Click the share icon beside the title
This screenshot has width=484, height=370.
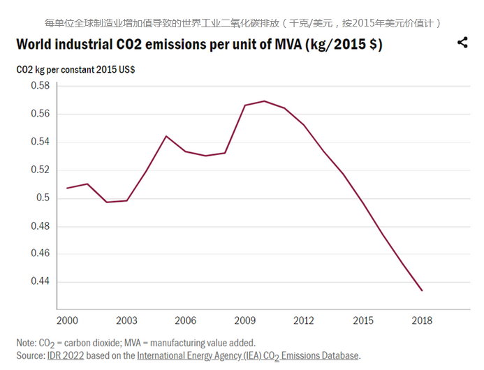pos(462,43)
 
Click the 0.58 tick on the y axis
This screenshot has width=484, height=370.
pos(40,85)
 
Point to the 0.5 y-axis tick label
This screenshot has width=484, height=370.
pos(43,198)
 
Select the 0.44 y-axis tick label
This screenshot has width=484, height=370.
pos(40,281)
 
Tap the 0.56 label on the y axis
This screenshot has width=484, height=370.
pos(40,113)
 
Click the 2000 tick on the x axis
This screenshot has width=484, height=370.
pos(67,320)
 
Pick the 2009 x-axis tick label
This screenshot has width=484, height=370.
pos(244,320)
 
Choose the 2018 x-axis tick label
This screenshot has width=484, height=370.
pos(422,320)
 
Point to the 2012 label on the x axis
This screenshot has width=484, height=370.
pos(303,320)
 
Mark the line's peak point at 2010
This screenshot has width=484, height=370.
pos(264,101)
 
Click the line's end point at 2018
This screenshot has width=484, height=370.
pos(422,290)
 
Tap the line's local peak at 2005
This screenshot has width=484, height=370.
pos(166,136)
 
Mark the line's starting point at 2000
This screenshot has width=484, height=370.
pos(67,188)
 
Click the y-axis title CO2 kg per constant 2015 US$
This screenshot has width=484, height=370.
pos(75,70)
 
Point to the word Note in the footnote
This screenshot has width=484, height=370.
pos(27,343)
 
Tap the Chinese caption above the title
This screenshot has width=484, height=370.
pos(242,22)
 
